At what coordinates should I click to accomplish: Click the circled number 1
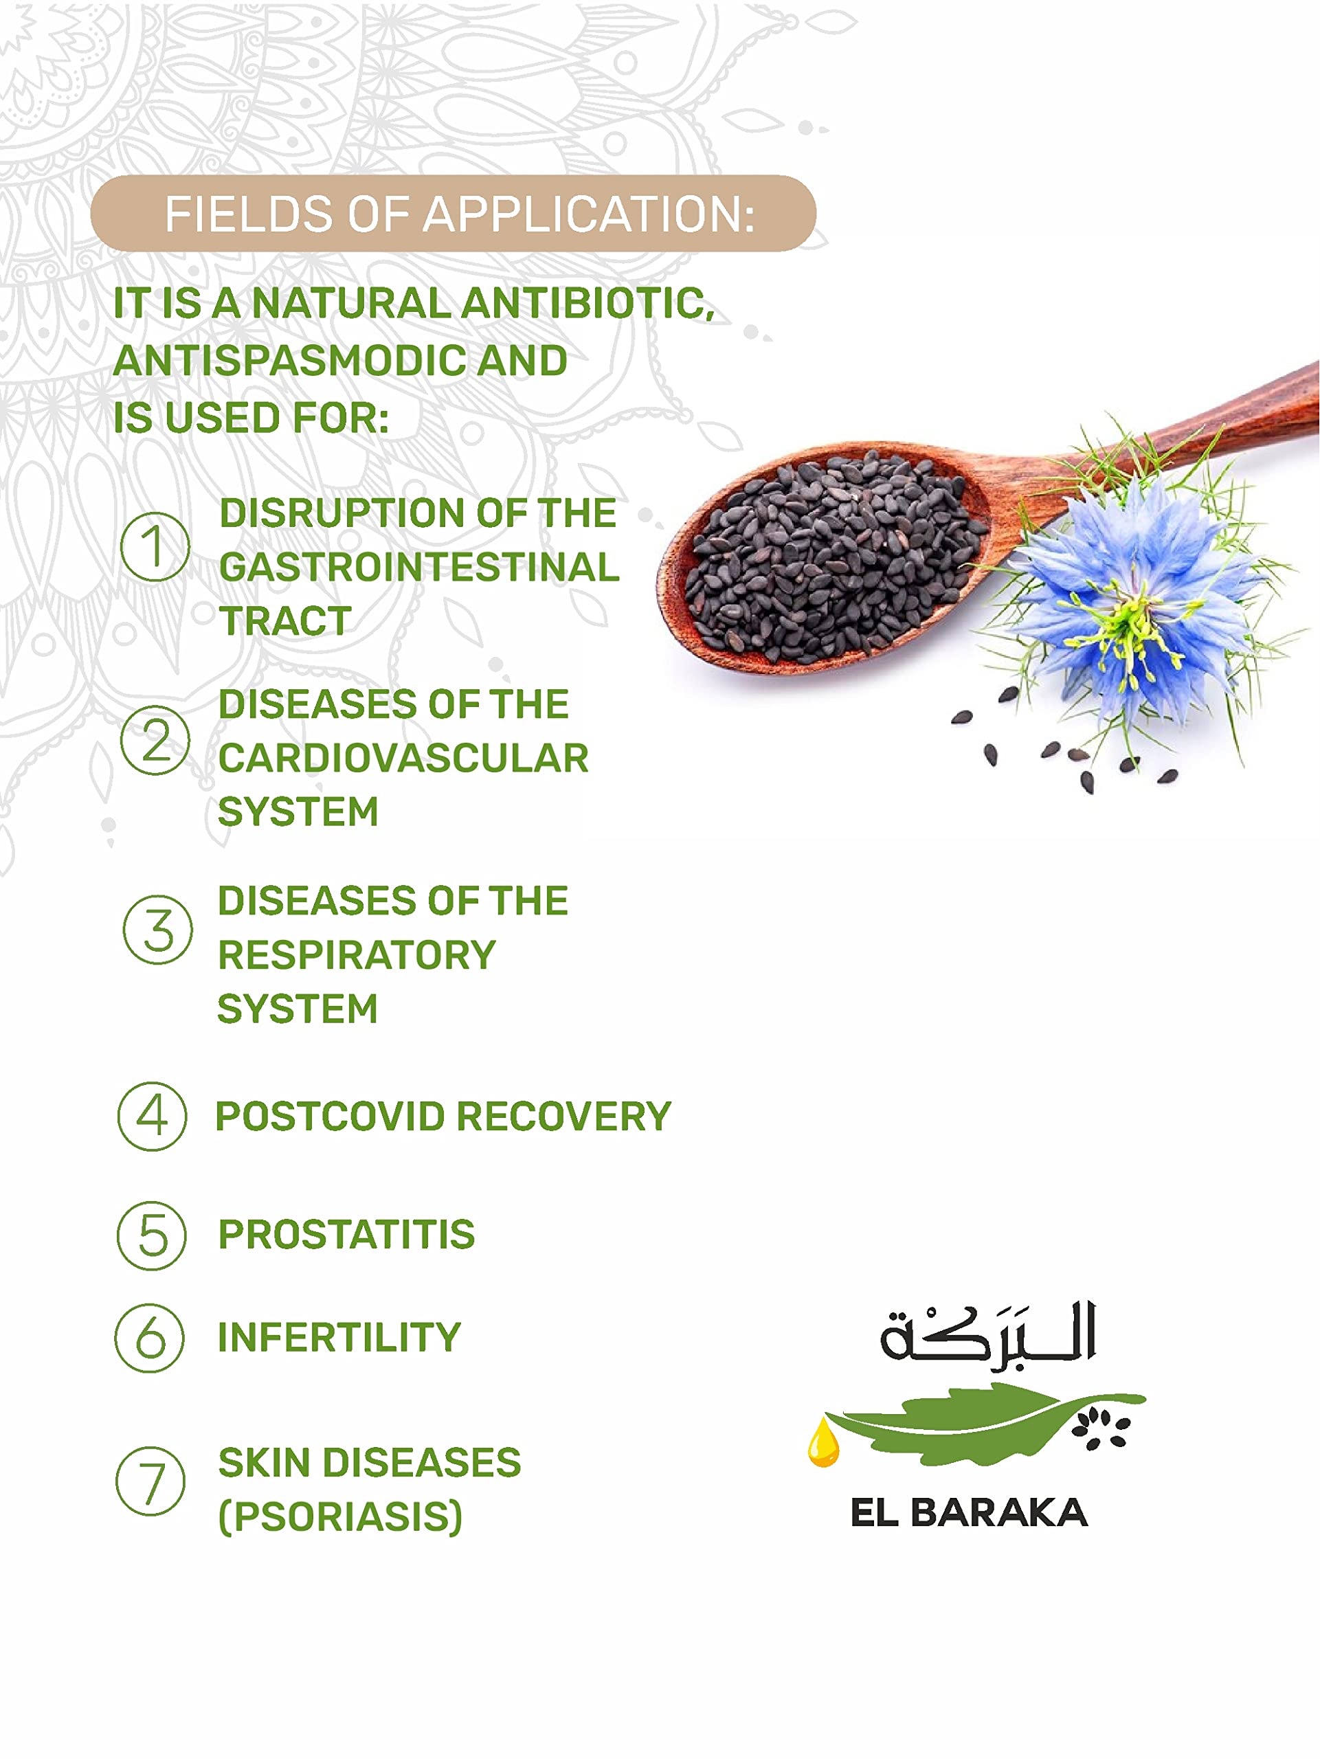tap(155, 546)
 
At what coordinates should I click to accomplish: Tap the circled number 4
tap(152, 1116)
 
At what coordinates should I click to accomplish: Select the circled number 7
tap(150, 1481)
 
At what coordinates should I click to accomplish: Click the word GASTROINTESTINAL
tap(419, 567)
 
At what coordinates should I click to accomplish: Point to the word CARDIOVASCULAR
tap(403, 758)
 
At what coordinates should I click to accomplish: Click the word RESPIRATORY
tap(356, 955)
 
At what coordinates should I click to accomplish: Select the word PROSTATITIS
tap(347, 1234)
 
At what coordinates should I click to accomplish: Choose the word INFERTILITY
tap(339, 1336)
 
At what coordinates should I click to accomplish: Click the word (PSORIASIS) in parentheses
tap(340, 1516)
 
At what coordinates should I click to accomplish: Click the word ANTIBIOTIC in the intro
tap(588, 304)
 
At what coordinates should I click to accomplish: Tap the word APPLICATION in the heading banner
tap(588, 214)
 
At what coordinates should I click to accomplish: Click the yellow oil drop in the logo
tap(823, 1444)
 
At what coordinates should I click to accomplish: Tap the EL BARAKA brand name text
tap(970, 1512)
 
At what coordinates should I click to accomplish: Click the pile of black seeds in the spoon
tap(835, 557)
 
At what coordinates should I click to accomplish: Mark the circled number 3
tap(157, 930)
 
